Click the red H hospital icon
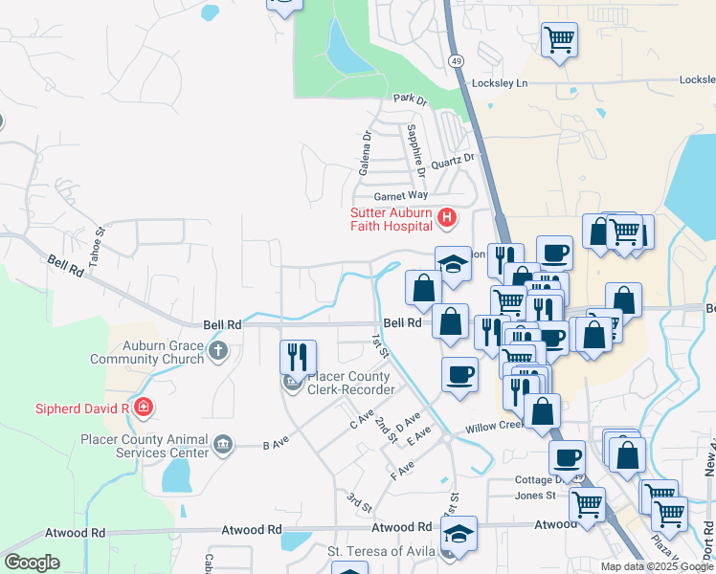tap(446, 219)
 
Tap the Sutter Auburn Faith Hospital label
tap(392, 220)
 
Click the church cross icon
tap(218, 350)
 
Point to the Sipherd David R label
tap(67, 408)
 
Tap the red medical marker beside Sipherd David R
tap(144, 408)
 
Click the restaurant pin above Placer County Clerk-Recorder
tap(298, 358)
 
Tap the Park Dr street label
tap(409, 99)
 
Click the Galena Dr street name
tap(365, 154)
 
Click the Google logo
tap(32, 562)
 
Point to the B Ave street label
tap(276, 445)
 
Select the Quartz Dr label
tap(453, 163)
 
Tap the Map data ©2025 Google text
tap(658, 566)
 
